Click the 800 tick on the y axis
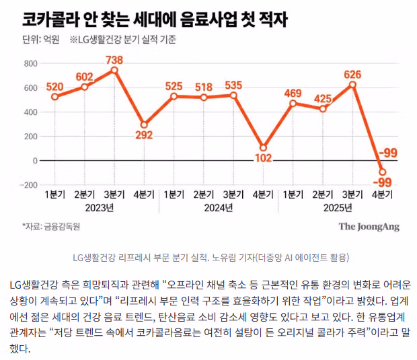click(30, 64)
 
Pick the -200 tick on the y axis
click(28, 185)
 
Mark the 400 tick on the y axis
click(30, 112)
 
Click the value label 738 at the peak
click(114, 60)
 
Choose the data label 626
click(352, 74)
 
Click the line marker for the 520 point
click(55, 97)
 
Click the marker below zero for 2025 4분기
click(382, 172)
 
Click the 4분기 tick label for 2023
click(144, 195)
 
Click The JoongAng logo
click(369, 227)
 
